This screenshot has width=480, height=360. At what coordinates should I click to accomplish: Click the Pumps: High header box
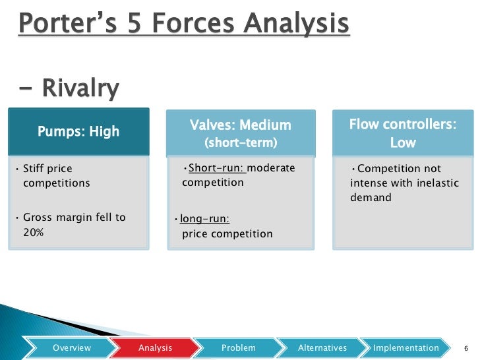pyautogui.click(x=78, y=131)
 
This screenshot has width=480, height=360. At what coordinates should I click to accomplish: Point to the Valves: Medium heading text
pyautogui.click(x=240, y=125)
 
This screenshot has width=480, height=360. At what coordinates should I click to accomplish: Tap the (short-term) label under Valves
pyautogui.click(x=240, y=143)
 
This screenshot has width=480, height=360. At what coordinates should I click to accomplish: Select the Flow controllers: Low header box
pyautogui.click(x=402, y=133)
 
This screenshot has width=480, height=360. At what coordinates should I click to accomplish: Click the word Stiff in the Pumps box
pyautogui.click(x=34, y=169)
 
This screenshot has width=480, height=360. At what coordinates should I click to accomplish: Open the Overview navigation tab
pyautogui.click(x=72, y=347)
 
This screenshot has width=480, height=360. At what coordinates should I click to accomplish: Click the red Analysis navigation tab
pyautogui.click(x=156, y=347)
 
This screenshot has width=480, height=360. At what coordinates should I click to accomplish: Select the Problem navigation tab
pyautogui.click(x=238, y=347)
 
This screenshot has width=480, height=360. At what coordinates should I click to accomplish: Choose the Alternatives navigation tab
pyautogui.click(x=322, y=347)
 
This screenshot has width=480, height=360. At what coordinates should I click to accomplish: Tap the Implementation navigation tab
pyautogui.click(x=405, y=347)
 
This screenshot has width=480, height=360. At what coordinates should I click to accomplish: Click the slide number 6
pyautogui.click(x=466, y=348)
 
